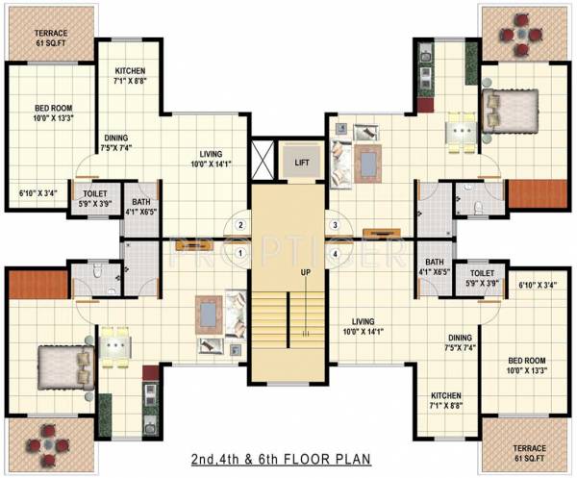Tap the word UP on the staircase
[306, 273]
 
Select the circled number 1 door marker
[242, 254]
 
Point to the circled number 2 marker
[242, 227]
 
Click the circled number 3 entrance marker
[335, 227]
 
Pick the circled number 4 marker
[335, 254]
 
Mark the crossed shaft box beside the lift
[262, 158]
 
